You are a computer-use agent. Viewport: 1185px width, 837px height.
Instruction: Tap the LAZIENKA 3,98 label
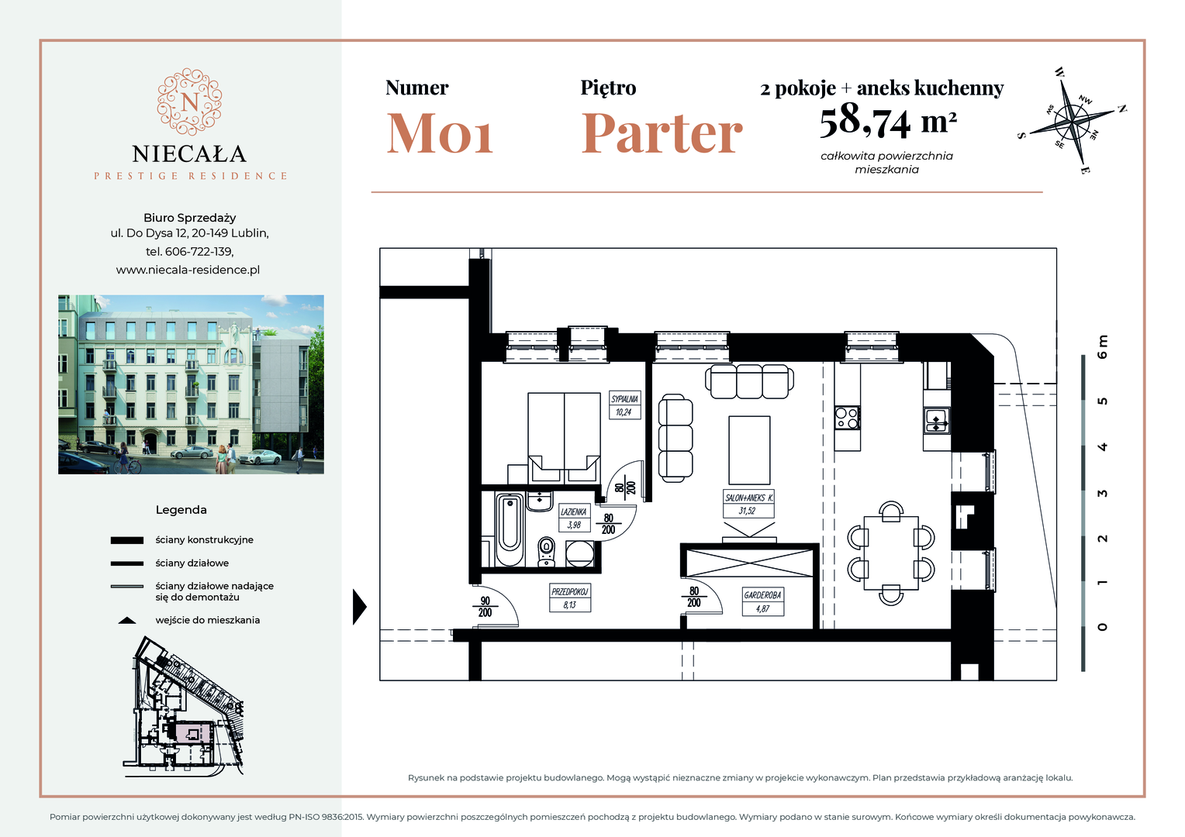tap(574, 518)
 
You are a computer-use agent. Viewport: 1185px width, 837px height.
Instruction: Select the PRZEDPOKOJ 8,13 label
tap(570, 598)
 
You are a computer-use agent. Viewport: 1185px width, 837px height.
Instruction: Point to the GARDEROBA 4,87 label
tap(762, 601)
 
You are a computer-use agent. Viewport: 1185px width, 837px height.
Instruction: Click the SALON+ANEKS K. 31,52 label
tap(748, 504)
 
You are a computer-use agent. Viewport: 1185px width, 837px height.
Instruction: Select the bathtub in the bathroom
tap(510, 529)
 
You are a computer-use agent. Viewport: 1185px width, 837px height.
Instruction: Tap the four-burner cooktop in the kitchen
tap(847, 418)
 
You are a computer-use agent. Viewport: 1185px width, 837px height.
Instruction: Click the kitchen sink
tap(936, 422)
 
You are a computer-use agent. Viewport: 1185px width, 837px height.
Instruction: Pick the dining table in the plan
tap(891, 553)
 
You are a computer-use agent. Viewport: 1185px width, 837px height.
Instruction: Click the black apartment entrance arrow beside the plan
tap(360, 607)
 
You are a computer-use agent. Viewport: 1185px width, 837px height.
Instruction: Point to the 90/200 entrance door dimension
tap(485, 607)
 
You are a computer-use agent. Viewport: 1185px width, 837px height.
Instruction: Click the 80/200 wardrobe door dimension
tap(693, 597)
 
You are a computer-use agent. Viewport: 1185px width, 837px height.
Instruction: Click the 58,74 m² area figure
tap(888, 122)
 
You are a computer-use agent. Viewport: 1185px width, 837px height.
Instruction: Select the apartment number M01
tap(440, 133)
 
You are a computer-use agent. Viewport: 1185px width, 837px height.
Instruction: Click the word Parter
tap(662, 133)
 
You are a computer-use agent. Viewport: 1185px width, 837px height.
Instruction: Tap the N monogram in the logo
tap(189, 102)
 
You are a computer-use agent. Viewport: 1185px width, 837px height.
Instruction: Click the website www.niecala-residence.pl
tap(188, 270)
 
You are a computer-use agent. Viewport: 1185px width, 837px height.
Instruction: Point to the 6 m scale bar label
tap(1103, 347)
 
